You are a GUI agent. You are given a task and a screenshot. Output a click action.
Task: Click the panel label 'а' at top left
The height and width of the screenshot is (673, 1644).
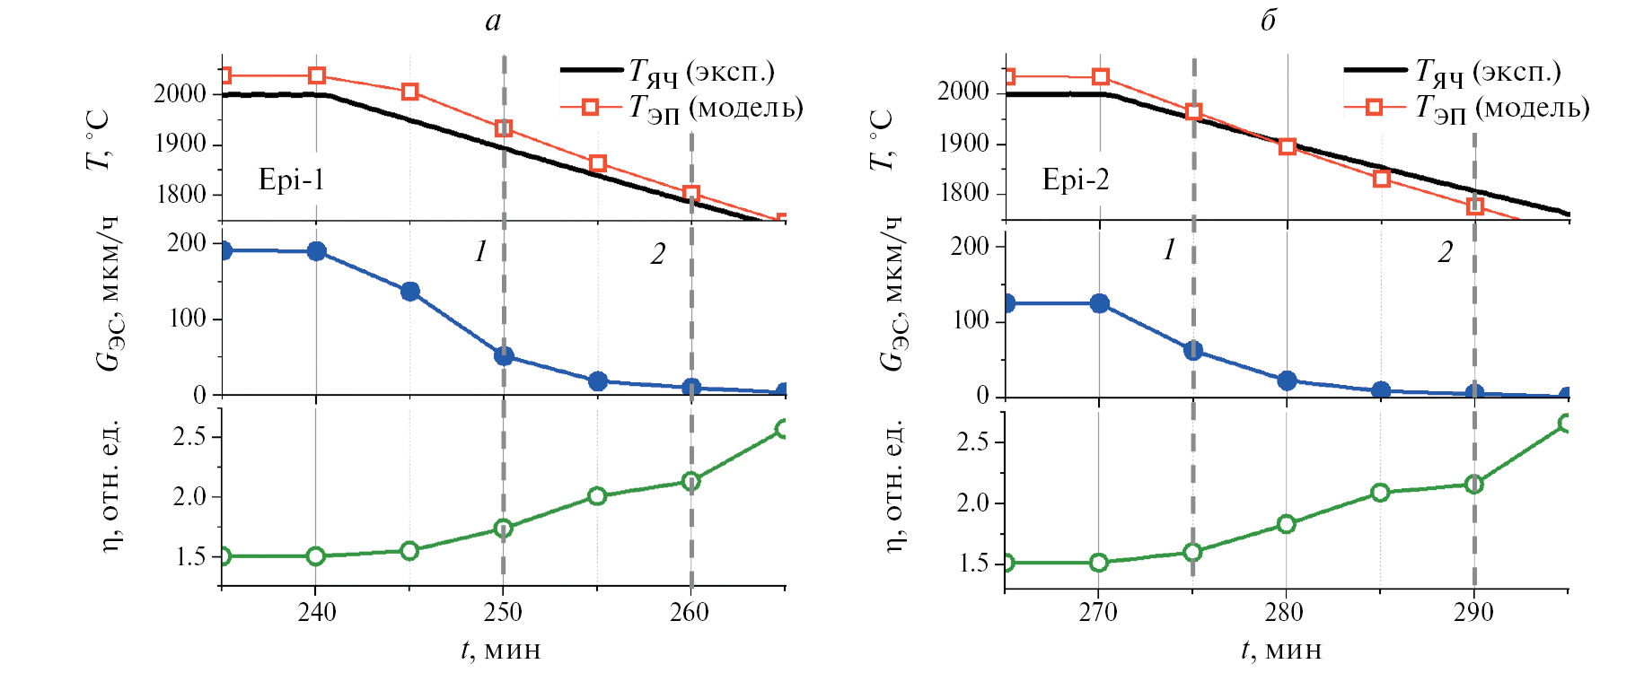click(493, 21)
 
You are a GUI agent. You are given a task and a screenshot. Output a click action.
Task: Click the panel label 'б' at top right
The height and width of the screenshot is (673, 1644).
click(1268, 20)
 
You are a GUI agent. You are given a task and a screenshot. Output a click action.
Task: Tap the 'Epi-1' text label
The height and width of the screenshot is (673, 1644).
click(291, 179)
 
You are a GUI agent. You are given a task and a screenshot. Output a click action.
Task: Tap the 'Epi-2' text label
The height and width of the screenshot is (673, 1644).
click(1075, 179)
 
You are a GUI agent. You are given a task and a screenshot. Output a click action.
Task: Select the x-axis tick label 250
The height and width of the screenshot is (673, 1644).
click(503, 613)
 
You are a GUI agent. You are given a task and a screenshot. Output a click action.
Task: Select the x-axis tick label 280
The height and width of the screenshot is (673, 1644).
click(1285, 613)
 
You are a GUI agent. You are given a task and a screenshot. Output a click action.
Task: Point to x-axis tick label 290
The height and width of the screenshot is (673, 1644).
click(1473, 613)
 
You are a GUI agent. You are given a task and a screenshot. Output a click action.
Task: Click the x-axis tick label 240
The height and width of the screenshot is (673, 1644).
click(316, 613)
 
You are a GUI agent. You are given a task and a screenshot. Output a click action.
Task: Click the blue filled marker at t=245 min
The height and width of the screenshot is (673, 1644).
click(410, 292)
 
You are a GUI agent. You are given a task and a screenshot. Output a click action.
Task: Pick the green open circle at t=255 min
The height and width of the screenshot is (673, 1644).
click(597, 496)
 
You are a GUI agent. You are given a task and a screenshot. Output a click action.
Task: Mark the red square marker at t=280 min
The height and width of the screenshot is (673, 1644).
click(1288, 146)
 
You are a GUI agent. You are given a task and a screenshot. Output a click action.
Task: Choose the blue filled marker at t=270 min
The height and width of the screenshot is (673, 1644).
click(1099, 303)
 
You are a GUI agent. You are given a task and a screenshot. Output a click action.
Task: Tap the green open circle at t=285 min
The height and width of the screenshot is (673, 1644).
click(1381, 493)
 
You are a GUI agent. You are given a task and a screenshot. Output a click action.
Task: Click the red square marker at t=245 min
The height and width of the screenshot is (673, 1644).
click(410, 92)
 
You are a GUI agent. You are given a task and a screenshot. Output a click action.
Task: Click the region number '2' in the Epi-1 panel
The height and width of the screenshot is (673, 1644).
click(658, 255)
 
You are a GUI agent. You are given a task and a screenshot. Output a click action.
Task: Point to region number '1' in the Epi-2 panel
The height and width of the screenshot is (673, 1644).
click(1169, 250)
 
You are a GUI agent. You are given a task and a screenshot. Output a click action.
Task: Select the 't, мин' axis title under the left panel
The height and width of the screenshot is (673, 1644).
click(501, 649)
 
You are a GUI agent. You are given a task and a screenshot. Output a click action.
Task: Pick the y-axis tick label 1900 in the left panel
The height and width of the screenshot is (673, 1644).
click(180, 144)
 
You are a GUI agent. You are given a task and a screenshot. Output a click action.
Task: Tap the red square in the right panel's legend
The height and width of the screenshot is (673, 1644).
click(1374, 108)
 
